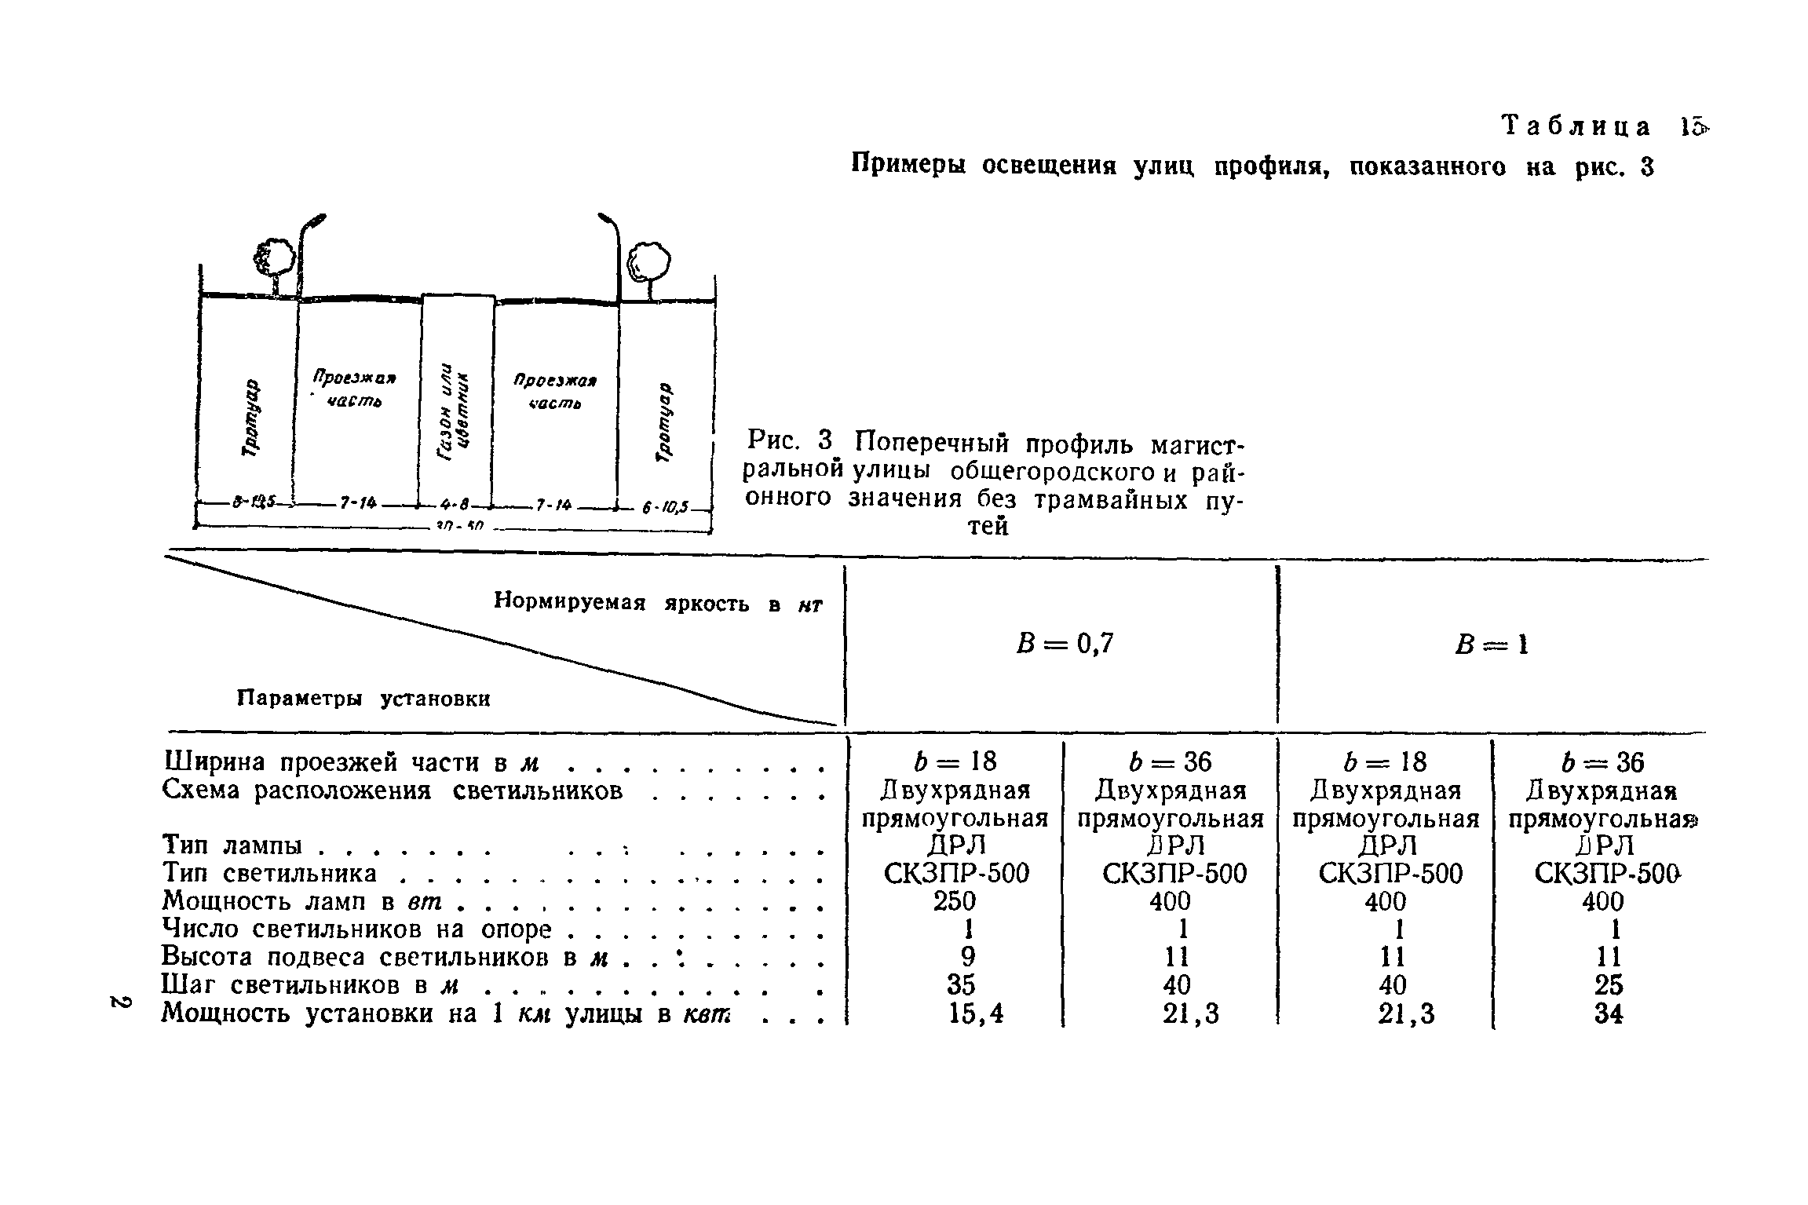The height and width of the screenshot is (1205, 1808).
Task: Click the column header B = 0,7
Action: pos(1065,644)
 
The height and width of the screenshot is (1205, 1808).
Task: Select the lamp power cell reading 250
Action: pos(955,901)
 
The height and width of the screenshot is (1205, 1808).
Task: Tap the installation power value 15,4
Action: pos(976,1014)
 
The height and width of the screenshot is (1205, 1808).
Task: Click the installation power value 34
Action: pos(1609,1014)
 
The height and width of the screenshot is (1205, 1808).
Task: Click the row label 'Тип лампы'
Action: pos(232,845)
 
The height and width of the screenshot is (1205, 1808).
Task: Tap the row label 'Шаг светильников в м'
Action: pos(310,985)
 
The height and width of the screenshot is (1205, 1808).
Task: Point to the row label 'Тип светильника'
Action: pos(269,873)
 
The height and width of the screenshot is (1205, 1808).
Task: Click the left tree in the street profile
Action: pos(273,259)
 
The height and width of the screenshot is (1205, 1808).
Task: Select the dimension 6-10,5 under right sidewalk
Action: pos(664,507)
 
